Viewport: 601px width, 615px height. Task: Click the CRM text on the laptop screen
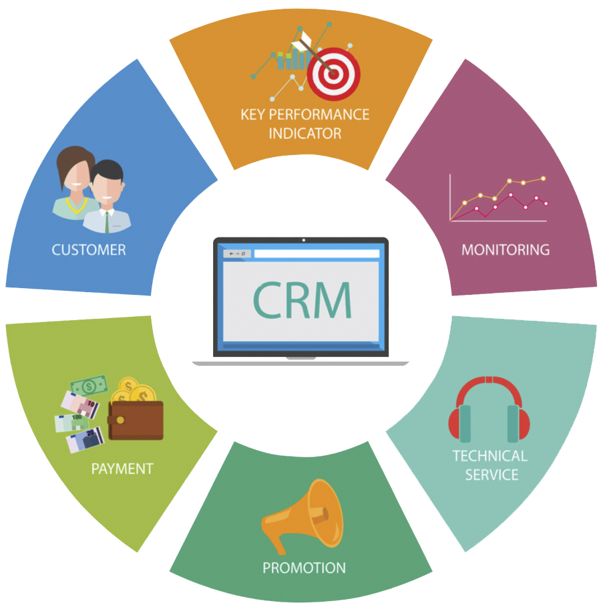click(x=302, y=300)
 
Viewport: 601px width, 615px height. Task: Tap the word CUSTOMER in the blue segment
click(x=89, y=250)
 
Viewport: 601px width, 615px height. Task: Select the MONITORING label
click(x=506, y=250)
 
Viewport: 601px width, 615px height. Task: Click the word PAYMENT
click(x=122, y=469)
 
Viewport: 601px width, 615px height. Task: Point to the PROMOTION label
click(x=304, y=568)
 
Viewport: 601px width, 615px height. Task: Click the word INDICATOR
click(x=305, y=133)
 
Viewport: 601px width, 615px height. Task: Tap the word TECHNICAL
click(x=490, y=456)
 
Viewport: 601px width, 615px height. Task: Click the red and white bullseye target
click(x=333, y=74)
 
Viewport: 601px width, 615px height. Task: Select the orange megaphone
click(x=303, y=515)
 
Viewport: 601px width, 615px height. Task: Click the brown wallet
click(x=136, y=420)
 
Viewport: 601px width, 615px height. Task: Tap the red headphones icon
click(x=489, y=409)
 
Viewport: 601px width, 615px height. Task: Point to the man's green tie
click(x=107, y=223)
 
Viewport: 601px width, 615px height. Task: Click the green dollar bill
click(x=89, y=386)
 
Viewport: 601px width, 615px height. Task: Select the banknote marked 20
click(x=85, y=440)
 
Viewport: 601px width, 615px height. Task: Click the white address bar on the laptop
click(x=317, y=254)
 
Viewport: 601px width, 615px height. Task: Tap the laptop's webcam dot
click(x=304, y=240)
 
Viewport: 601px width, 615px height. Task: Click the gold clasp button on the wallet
click(x=121, y=420)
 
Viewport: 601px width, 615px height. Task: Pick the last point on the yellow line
click(x=544, y=178)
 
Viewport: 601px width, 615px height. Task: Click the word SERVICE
click(x=491, y=475)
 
